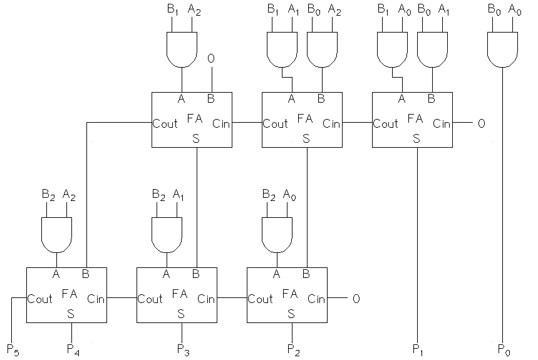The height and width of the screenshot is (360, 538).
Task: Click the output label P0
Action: point(503,348)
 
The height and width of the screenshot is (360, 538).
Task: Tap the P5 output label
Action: point(13,349)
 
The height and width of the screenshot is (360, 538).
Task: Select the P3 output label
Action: point(182,348)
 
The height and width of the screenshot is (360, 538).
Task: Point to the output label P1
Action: point(418,348)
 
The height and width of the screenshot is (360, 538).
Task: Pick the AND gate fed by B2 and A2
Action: point(56,233)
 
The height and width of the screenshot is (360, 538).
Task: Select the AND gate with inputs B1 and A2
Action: point(182,49)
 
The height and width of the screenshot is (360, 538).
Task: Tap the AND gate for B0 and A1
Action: point(432,49)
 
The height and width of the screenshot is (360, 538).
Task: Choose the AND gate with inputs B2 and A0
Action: point(277,233)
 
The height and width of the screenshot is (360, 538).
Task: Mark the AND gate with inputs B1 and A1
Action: point(282,49)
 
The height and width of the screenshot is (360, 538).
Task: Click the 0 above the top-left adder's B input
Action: point(212,58)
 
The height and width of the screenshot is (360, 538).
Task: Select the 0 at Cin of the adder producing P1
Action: point(481,123)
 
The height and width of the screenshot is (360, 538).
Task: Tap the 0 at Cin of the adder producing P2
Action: point(356,299)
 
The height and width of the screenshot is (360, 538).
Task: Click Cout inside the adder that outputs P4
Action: point(39,299)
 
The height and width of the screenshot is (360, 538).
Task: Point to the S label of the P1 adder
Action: point(416,138)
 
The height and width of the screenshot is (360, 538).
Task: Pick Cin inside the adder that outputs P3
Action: point(206,299)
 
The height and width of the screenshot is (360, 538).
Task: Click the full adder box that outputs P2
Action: point(287,295)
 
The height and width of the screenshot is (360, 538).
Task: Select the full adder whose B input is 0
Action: point(192,120)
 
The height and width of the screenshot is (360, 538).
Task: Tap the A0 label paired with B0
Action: point(514,9)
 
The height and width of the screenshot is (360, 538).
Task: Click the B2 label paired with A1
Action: point(159,195)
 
